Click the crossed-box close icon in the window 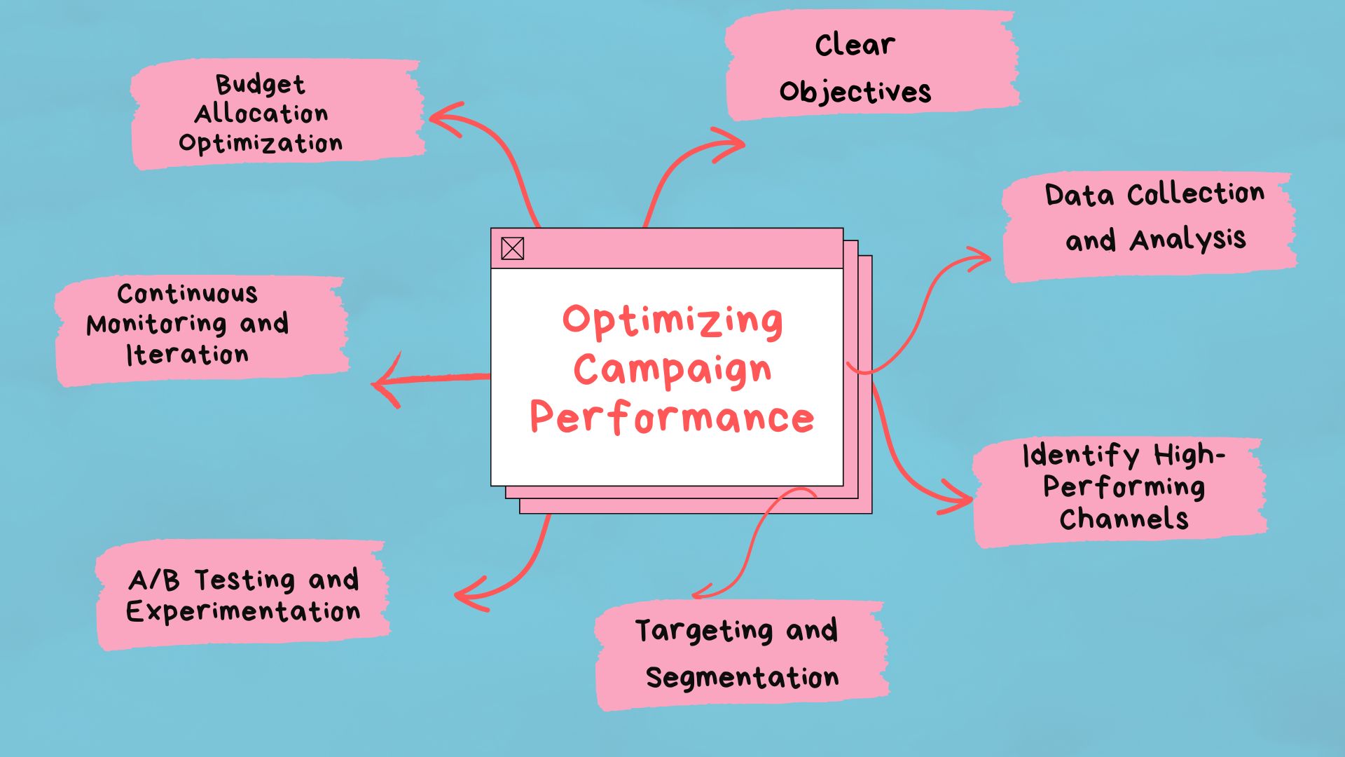coord(512,248)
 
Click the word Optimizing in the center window coord(672,321)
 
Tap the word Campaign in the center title coord(672,370)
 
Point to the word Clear coord(855,45)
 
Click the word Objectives coord(855,92)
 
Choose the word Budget coord(260,84)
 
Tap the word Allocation coord(261,114)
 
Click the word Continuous coord(187,294)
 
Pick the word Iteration coord(187,355)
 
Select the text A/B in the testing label coord(154,580)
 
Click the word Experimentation coord(243,611)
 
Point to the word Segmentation coord(742,678)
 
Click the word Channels coord(1124,519)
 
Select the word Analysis coord(1188,240)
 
